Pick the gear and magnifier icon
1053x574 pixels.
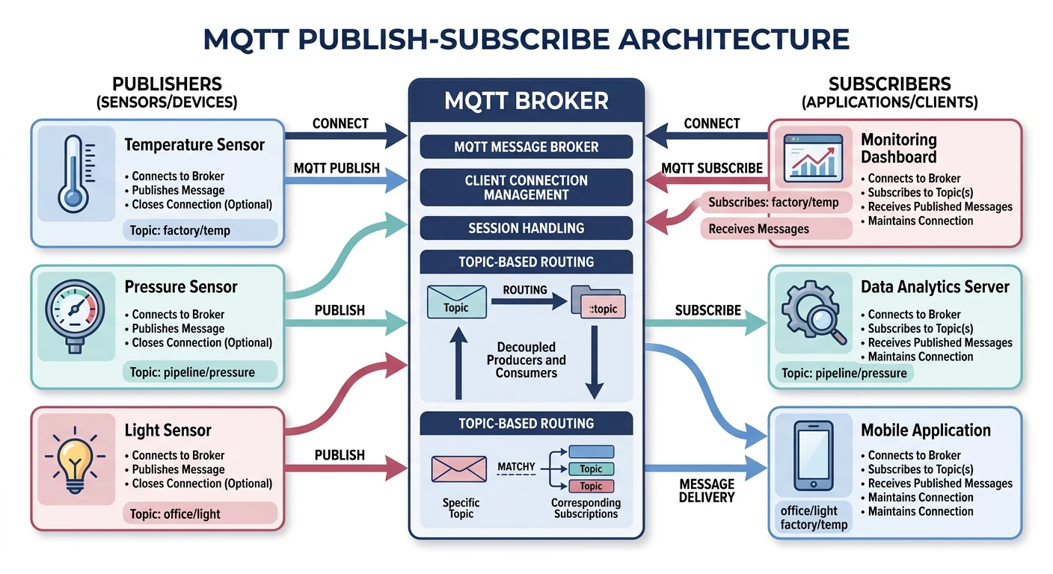[813, 312]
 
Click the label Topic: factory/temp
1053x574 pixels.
[180, 231]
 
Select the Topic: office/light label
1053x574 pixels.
[176, 514]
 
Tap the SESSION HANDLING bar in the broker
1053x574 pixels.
[526, 228]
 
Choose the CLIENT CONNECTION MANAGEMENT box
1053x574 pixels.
[526, 188]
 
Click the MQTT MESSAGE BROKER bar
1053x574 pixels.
[526, 147]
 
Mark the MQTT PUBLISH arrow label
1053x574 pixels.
[337, 169]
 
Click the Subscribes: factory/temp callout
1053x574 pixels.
[773, 203]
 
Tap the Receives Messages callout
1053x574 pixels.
[758, 229]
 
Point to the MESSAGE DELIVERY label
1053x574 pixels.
[707, 490]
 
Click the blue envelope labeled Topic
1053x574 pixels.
[456, 303]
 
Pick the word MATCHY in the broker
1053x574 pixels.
[516, 467]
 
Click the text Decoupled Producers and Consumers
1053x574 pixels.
[526, 359]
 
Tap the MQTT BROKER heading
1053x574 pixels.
[526, 100]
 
